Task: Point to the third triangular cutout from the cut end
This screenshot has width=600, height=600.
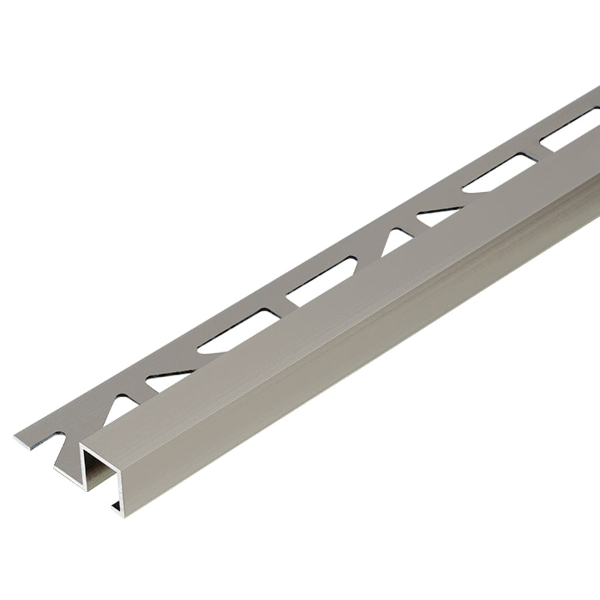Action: coord(396,240)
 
